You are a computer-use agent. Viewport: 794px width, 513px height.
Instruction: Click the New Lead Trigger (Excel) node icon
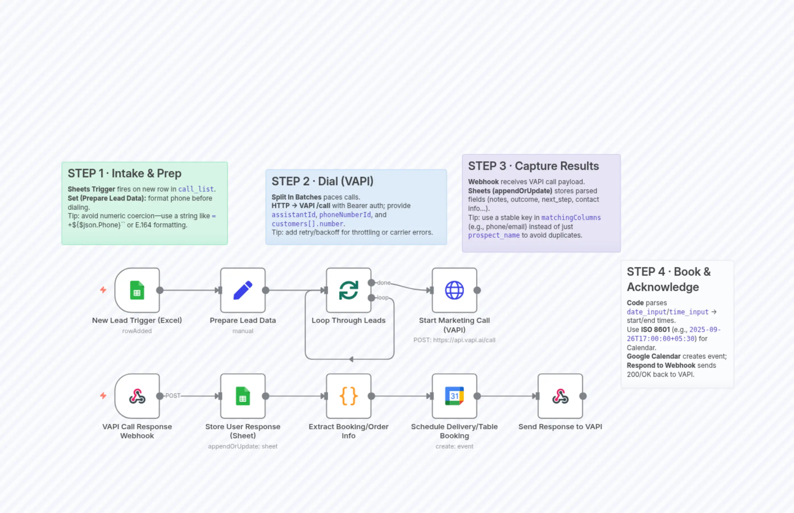pyautogui.click(x=137, y=290)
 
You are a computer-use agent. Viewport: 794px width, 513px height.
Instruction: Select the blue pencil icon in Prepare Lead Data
pyautogui.click(x=243, y=290)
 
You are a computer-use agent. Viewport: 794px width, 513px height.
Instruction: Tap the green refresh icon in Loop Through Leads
pyautogui.click(x=348, y=290)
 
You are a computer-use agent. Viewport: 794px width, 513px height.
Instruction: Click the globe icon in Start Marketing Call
pyautogui.click(x=454, y=290)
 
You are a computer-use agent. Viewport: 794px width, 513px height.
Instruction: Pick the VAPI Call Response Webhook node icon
pyautogui.click(x=137, y=396)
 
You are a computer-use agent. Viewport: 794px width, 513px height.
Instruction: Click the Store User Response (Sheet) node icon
pyautogui.click(x=243, y=396)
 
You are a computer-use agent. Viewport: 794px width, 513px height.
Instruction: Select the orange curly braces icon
pyautogui.click(x=348, y=396)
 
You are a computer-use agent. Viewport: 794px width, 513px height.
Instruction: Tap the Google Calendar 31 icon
pyautogui.click(x=454, y=396)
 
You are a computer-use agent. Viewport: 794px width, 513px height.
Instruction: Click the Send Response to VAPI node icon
pyautogui.click(x=560, y=396)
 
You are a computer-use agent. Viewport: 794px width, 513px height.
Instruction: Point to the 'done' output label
pyautogui.click(x=384, y=283)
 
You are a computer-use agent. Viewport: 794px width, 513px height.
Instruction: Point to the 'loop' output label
pyautogui.click(x=383, y=298)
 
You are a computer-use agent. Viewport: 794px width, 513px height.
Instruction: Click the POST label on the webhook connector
pyautogui.click(x=172, y=396)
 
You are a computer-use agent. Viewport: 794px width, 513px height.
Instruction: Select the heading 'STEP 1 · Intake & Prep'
pyautogui.click(x=124, y=174)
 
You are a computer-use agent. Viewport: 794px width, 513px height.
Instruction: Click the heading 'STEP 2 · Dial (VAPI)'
pyautogui.click(x=322, y=181)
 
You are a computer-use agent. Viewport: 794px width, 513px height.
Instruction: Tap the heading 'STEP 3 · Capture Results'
pyautogui.click(x=533, y=166)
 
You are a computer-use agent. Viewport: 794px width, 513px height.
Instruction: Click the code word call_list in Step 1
pyautogui.click(x=196, y=189)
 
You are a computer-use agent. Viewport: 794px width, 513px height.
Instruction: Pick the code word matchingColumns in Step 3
pyautogui.click(x=571, y=217)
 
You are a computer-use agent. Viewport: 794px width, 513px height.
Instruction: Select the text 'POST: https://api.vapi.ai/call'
pyautogui.click(x=454, y=340)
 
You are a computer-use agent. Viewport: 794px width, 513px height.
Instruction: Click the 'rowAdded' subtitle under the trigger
pyautogui.click(x=137, y=331)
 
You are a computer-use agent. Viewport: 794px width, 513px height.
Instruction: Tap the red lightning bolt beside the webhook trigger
pyautogui.click(x=103, y=396)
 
